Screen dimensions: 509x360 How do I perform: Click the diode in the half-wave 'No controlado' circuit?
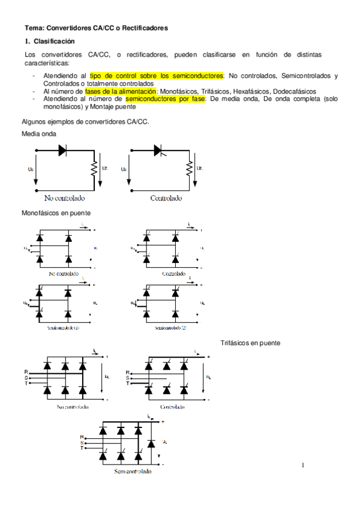pos(62,151)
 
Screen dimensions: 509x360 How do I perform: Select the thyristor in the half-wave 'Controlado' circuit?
pos(158,150)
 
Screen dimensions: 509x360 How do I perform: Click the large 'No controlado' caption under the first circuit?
pos(65,197)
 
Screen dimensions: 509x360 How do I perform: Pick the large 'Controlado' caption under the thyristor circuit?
pos(166,197)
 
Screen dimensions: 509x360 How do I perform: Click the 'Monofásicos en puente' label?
pos(56,212)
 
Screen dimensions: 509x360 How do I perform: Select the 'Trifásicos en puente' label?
pos(251,343)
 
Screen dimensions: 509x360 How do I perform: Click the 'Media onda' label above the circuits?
pos(39,133)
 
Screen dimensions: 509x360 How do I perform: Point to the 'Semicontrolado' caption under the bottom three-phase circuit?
pos(133,471)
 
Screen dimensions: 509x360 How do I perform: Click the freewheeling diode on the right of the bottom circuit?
pos(151,443)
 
